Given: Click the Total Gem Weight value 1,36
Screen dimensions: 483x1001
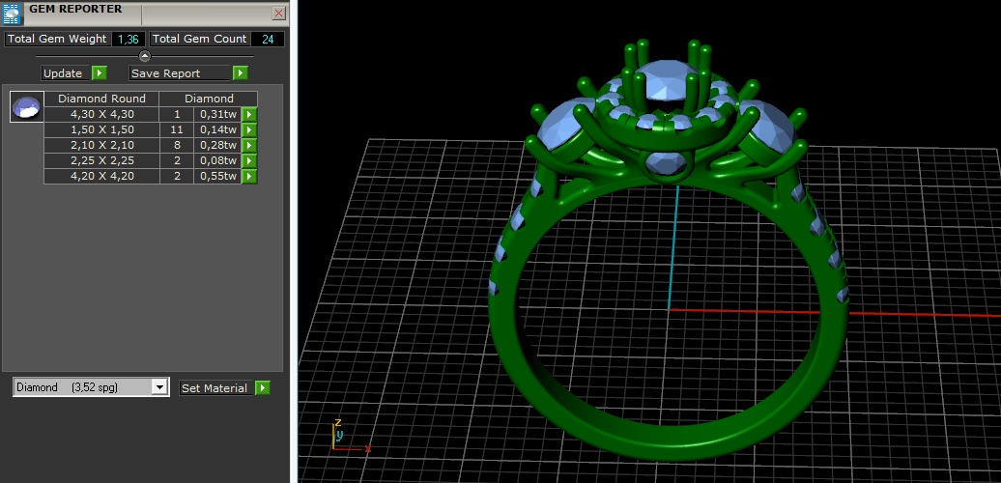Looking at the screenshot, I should pyautogui.click(x=127, y=39).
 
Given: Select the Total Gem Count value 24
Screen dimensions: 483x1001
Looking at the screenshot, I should pyautogui.click(x=267, y=39).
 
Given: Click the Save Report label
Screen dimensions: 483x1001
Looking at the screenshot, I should pyautogui.click(x=166, y=73).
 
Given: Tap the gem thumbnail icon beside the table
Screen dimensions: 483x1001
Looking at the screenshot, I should pyautogui.click(x=26, y=106).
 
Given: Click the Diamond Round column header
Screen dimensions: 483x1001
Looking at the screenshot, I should pyautogui.click(x=101, y=99).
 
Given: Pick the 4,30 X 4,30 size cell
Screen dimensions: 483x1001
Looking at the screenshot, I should pyautogui.click(x=101, y=114).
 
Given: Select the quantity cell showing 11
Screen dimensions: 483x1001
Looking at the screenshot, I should pyautogui.click(x=177, y=129).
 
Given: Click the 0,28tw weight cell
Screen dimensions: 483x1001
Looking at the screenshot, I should pyautogui.click(x=218, y=145).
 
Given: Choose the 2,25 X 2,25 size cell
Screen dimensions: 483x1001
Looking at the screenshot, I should pyautogui.click(x=101, y=160).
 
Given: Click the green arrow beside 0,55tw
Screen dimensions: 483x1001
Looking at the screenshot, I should pyautogui.click(x=249, y=176).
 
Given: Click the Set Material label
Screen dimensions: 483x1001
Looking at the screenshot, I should pyautogui.click(x=214, y=388).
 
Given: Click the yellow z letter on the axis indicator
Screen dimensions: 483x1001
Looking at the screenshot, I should pyautogui.click(x=338, y=423).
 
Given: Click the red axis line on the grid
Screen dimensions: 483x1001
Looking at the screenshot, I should pyautogui.click(x=831, y=310).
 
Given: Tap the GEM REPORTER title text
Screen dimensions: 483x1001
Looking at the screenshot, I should pyautogui.click(x=75, y=9).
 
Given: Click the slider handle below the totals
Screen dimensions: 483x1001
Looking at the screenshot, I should pyautogui.click(x=145, y=56).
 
